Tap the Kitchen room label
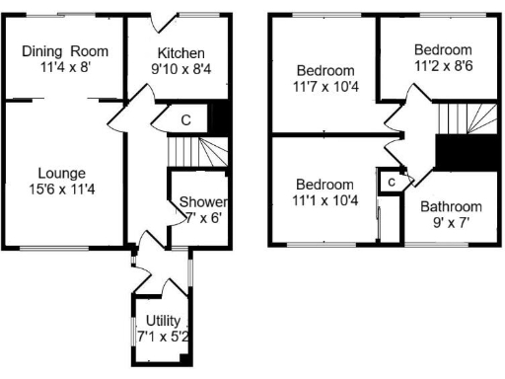pyautogui.click(x=180, y=52)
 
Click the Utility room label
pyautogui.click(x=162, y=321)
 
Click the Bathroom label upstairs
pyautogui.click(x=451, y=206)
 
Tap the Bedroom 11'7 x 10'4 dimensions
pyautogui.click(x=325, y=88)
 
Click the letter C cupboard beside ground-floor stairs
pyautogui.click(x=185, y=119)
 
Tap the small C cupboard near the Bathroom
pyautogui.click(x=392, y=183)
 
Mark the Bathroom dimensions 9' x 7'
pyautogui.click(x=451, y=223)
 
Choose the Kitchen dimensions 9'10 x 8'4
pyautogui.click(x=180, y=69)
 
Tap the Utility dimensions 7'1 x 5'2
pyautogui.click(x=162, y=338)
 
